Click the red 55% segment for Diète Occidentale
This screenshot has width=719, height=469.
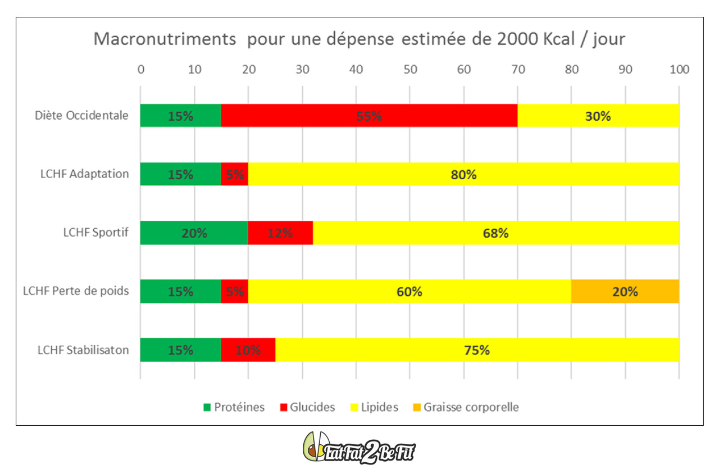(369, 116)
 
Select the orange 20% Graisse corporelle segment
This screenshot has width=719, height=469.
(625, 292)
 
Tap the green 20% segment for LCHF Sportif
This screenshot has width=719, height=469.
(194, 233)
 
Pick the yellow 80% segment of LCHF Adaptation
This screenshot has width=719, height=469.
(463, 174)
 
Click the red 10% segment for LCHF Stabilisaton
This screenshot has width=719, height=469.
(248, 350)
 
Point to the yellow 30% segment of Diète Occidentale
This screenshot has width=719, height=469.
(598, 116)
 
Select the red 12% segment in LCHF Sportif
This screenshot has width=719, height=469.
(280, 233)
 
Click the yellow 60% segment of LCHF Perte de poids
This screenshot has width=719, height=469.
(409, 292)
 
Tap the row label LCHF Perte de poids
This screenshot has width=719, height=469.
(76, 292)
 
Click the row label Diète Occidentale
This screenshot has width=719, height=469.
(81, 116)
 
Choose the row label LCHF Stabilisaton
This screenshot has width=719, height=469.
(83, 350)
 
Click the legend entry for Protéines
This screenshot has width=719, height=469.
(234, 407)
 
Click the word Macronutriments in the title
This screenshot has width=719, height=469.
(164, 39)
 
